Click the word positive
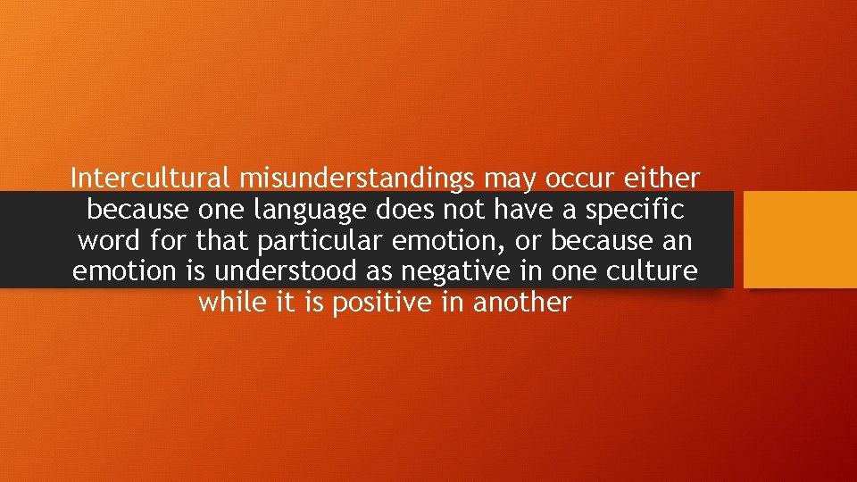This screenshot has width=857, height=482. click(x=383, y=303)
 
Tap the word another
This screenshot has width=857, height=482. click(x=521, y=302)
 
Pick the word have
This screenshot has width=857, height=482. click(x=521, y=211)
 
